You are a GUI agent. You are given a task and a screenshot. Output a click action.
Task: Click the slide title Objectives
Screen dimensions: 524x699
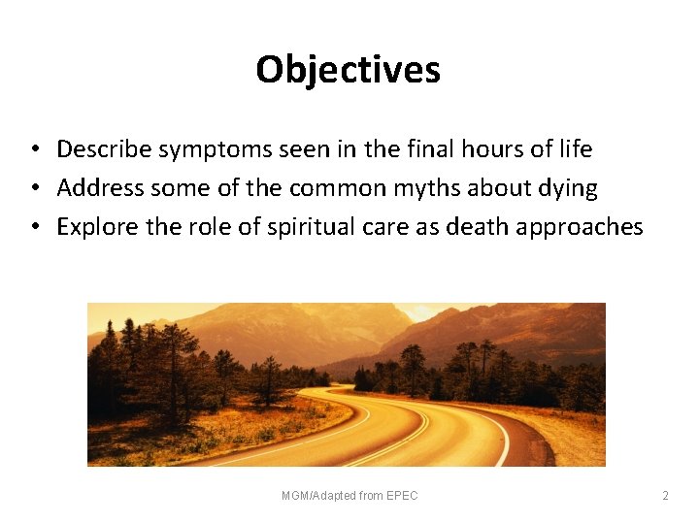click(349, 70)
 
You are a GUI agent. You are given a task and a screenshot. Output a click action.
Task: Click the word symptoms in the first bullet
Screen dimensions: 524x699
click(198, 149)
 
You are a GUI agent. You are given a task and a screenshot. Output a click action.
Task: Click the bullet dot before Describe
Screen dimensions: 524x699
click(33, 150)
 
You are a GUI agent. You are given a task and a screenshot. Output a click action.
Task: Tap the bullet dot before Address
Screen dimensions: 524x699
click(33, 189)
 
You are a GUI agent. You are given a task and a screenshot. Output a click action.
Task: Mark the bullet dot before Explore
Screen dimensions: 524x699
click(33, 228)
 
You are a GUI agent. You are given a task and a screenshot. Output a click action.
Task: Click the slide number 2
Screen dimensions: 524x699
click(665, 496)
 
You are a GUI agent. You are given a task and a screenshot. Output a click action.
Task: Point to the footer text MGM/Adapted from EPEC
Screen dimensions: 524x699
click(349, 496)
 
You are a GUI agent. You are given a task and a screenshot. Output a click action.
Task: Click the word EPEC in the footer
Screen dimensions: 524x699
click(403, 496)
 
